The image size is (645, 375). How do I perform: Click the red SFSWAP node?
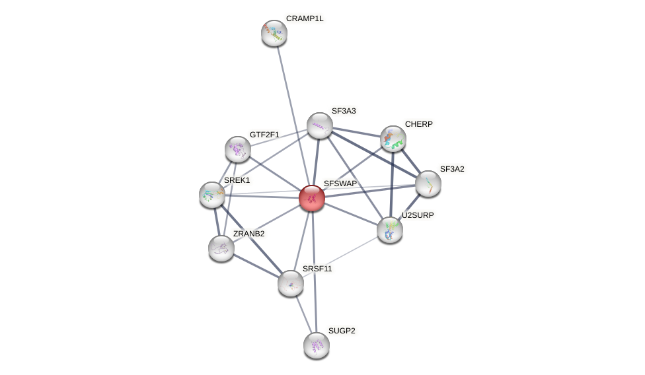[x=312, y=198]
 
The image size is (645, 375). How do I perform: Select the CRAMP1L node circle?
[x=274, y=33]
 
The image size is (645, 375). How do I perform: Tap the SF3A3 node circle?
[x=320, y=125]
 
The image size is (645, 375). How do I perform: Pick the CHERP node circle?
[x=393, y=139]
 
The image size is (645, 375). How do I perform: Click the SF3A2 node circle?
[x=428, y=184]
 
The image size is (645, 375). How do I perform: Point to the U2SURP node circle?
[x=390, y=230]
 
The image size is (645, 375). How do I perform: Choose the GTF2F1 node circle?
[x=238, y=149]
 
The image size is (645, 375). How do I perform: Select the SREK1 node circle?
[x=212, y=195]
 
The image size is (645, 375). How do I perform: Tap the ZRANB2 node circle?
[x=221, y=248]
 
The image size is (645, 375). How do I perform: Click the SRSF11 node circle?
[x=291, y=283]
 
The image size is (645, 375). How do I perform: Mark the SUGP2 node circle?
[x=317, y=345]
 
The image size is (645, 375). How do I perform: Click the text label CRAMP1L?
[x=305, y=18]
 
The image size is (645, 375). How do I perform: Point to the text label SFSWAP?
[x=340, y=184]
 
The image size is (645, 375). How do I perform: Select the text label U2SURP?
[x=418, y=215]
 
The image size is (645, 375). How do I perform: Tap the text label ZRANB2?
[x=248, y=234]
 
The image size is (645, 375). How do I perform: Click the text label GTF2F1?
[x=264, y=135]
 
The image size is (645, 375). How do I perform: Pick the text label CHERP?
[x=419, y=124]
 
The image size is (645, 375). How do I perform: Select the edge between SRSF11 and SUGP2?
[x=303, y=314]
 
